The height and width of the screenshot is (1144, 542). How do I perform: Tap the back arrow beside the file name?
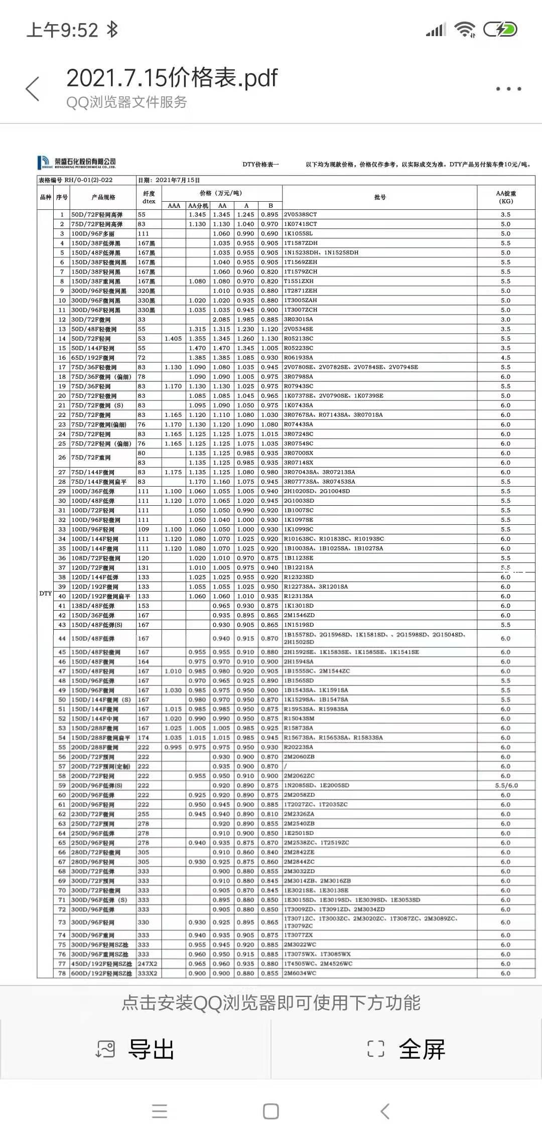(x=33, y=89)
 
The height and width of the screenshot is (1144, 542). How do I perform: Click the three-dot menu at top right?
(x=508, y=89)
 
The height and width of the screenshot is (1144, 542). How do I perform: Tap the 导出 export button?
(x=135, y=1049)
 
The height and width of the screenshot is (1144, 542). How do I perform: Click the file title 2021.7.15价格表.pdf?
(x=172, y=78)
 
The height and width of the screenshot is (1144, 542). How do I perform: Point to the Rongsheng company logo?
(x=77, y=162)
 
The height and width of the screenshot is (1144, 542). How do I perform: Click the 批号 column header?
(x=379, y=197)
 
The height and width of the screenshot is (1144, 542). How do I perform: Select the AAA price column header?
(x=174, y=205)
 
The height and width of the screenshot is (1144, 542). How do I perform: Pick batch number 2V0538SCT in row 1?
(x=300, y=214)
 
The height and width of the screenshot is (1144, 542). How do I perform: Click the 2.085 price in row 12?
(x=221, y=319)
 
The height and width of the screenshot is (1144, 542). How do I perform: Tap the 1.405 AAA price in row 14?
(x=174, y=339)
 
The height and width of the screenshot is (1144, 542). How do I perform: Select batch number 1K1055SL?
(x=298, y=233)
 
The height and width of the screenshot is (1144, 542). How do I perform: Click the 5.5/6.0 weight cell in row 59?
(x=506, y=785)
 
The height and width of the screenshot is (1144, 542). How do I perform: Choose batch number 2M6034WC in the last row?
(x=300, y=973)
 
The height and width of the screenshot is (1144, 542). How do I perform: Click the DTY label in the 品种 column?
(x=45, y=593)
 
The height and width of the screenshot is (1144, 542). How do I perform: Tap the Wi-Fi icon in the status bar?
(x=465, y=30)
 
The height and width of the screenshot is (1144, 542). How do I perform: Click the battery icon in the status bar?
(x=500, y=30)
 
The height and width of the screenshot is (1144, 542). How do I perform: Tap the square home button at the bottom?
(x=271, y=1111)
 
